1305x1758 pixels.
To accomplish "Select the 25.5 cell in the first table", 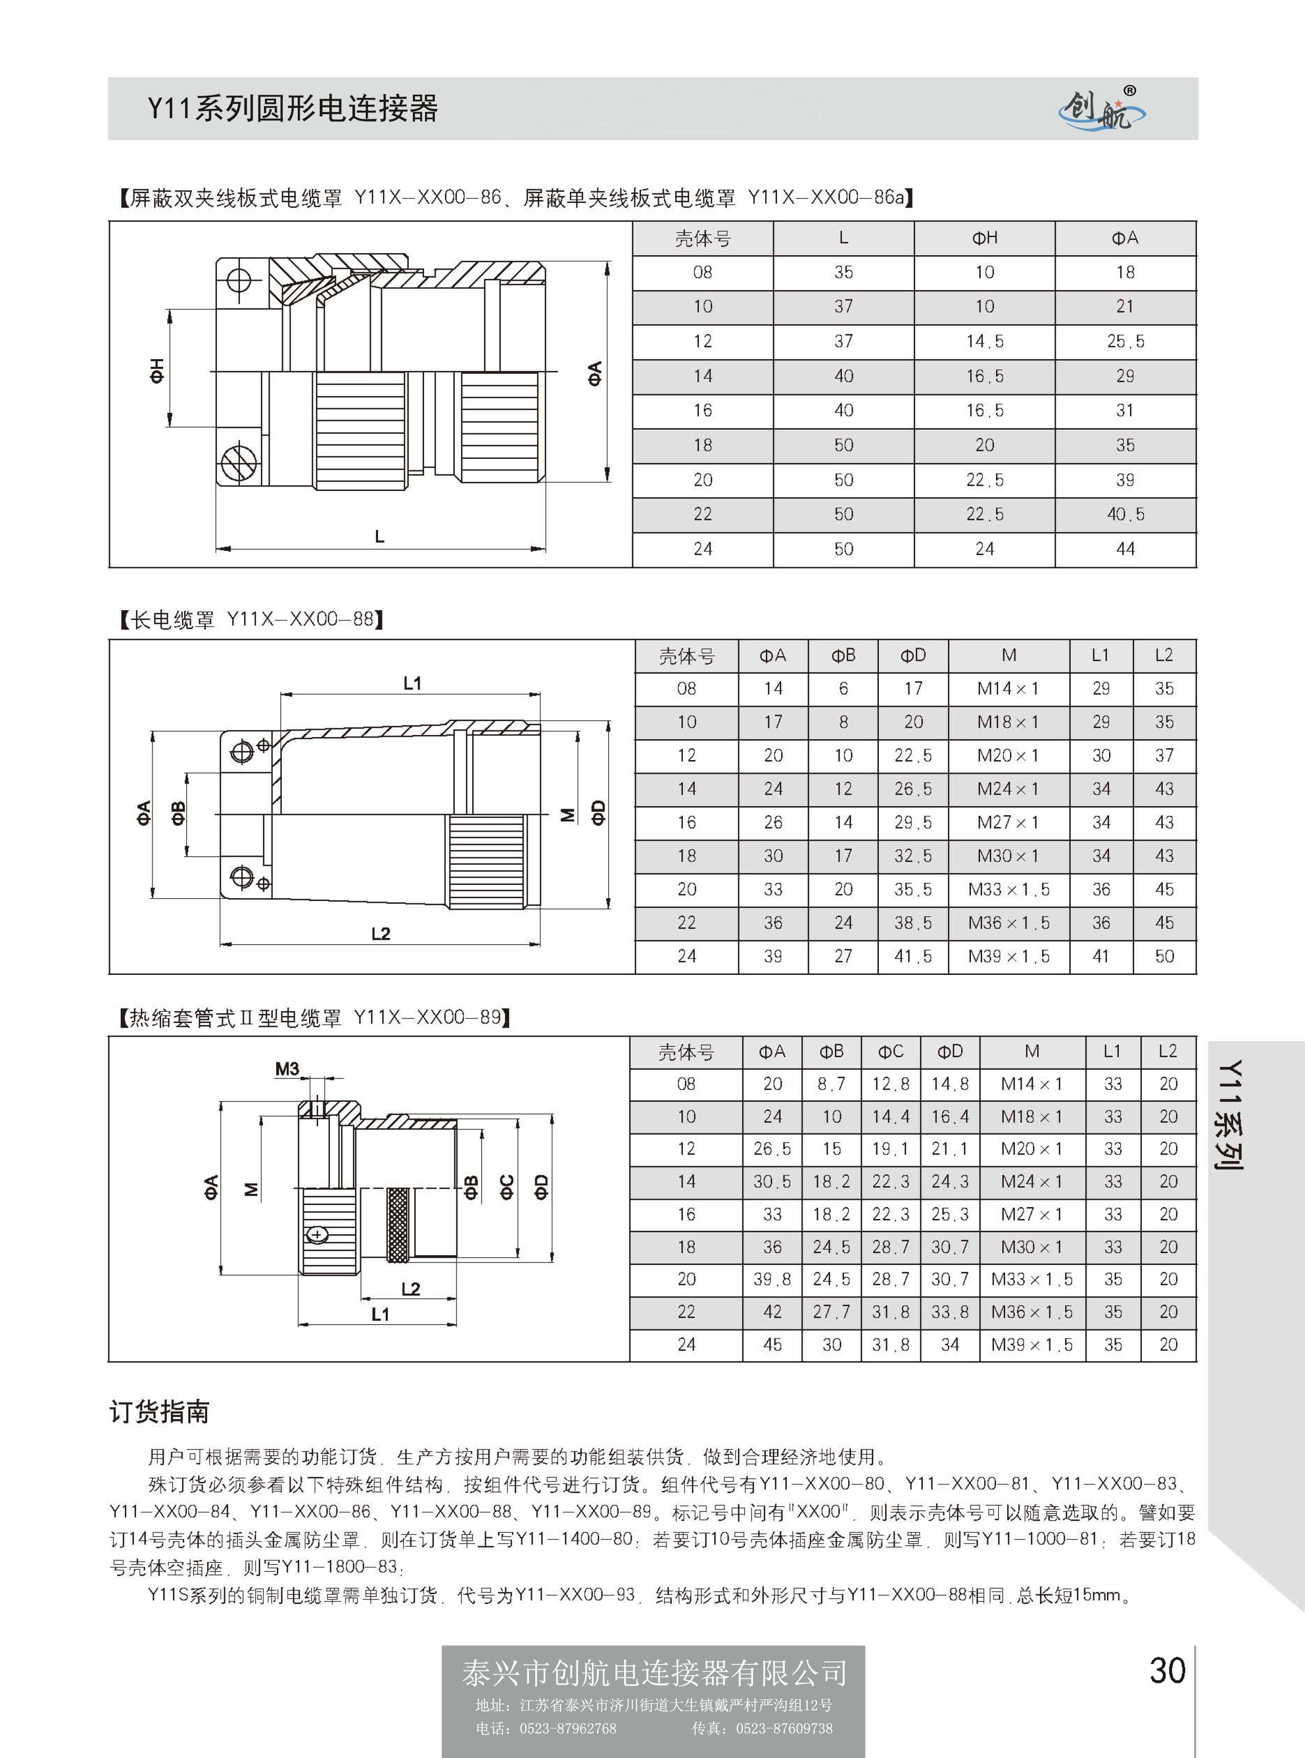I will point(1125,341).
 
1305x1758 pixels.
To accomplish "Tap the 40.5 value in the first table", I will point(1125,514).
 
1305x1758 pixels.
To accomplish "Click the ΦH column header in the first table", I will point(984,238).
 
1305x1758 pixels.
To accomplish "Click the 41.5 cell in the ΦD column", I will point(913,956).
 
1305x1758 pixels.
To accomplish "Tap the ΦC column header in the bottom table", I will point(890,1052).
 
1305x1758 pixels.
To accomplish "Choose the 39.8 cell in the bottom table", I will point(772,1279).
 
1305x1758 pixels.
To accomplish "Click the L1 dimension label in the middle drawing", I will point(412,683).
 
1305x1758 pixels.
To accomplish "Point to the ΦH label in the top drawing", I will point(157,370).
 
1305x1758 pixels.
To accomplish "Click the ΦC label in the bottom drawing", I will point(506,1187).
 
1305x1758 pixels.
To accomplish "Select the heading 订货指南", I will point(160,1411).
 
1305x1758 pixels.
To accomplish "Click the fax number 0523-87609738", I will point(784,1728).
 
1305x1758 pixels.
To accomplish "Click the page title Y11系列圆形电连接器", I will point(292,108).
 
